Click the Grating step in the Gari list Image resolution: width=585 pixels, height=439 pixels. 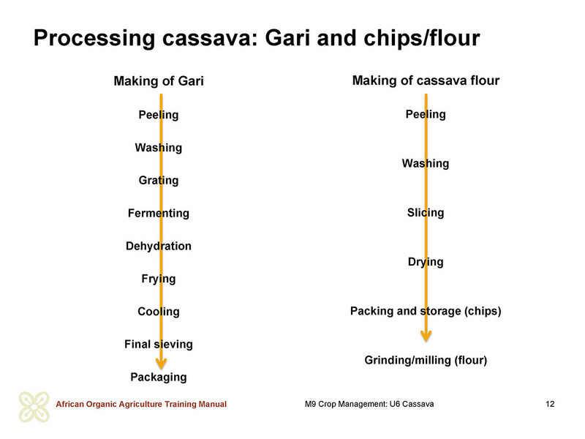click(x=159, y=181)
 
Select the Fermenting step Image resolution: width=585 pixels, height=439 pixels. click(x=159, y=213)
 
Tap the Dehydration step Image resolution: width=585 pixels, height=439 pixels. click(x=159, y=246)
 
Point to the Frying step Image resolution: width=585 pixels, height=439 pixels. click(x=159, y=279)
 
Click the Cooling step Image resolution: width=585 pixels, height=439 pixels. click(x=159, y=312)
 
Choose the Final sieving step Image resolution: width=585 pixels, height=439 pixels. click(x=159, y=345)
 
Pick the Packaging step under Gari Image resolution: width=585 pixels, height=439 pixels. click(x=159, y=378)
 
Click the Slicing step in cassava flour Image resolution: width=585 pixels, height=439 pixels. click(x=426, y=213)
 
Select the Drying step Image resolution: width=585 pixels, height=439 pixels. click(x=426, y=263)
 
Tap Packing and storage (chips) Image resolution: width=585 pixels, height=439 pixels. click(x=426, y=312)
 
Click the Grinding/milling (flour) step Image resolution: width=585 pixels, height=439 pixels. click(x=426, y=361)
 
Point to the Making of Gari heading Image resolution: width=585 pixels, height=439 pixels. click(x=159, y=81)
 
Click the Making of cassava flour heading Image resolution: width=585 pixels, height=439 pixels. click(x=426, y=80)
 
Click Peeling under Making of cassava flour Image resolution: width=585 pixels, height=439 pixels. click(x=426, y=115)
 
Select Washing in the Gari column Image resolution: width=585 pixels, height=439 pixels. click(x=159, y=148)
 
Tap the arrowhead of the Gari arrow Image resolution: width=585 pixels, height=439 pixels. click(x=161, y=363)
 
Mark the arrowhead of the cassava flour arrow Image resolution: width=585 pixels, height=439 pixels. click(x=426, y=336)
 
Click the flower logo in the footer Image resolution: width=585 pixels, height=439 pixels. click(x=34, y=408)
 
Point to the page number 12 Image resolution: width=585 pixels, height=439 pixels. click(x=550, y=405)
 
